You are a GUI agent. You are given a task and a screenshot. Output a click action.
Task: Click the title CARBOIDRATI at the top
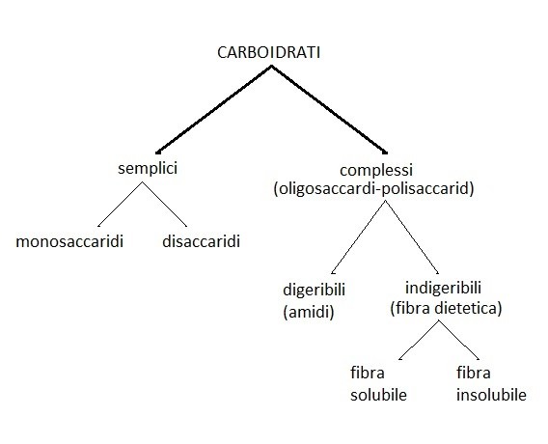268,53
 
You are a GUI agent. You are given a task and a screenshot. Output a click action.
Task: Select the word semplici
148,169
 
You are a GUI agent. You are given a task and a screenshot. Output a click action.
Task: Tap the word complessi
376,171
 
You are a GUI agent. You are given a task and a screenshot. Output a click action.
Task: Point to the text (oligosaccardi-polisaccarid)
374,189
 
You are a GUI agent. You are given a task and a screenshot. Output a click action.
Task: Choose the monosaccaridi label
69,241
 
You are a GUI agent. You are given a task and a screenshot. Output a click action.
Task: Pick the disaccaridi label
201,241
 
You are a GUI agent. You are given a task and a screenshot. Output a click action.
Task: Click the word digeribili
314,291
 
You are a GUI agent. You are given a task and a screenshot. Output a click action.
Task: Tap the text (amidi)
309,312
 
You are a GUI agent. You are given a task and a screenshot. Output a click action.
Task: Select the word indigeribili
443,288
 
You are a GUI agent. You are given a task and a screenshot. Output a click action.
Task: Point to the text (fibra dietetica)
446,308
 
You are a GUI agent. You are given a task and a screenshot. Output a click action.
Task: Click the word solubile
378,395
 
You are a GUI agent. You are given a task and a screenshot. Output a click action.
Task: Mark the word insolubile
491,395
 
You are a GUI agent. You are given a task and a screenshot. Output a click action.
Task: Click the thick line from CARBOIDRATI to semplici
214,109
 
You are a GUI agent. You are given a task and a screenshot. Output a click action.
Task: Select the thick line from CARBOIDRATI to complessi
329,109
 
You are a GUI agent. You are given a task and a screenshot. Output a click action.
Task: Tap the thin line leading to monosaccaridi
120,205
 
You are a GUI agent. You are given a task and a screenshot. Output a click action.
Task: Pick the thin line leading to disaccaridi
164,205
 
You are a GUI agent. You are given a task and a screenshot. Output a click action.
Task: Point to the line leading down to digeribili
358,236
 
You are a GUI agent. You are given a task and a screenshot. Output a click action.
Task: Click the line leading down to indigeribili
412,236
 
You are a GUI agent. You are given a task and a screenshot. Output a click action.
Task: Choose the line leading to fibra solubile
419,340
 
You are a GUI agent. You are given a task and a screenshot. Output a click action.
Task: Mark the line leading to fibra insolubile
459,340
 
